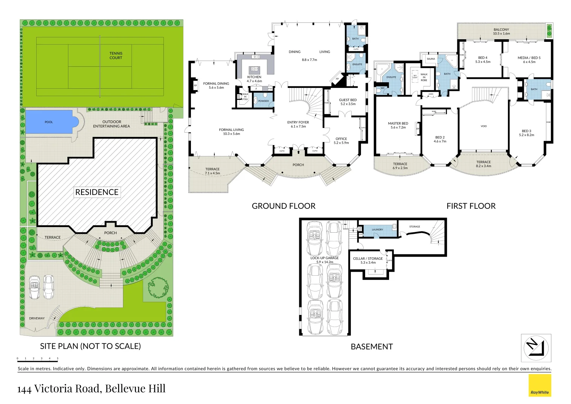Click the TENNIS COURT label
116,56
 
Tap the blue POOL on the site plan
49,122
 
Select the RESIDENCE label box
97,192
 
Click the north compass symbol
536,348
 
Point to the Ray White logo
540,386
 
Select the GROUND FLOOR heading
283,206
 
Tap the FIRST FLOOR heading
471,206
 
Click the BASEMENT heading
371,347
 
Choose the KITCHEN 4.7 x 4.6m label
254,79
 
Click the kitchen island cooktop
254,69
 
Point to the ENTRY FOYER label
298,124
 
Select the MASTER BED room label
398,125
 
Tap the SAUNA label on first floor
431,59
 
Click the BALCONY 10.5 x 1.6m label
501,31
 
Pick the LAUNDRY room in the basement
377,230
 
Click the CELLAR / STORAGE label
368,260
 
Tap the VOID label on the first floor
484,126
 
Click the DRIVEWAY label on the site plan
37,318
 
